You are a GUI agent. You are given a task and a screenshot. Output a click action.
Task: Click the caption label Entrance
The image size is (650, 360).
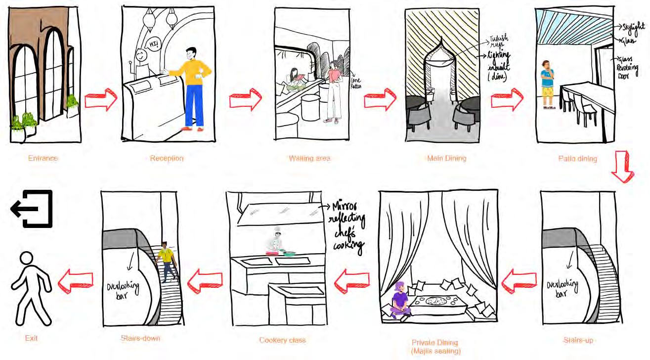coord(43,158)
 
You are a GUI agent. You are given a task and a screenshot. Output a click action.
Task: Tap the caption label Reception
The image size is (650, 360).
coord(167,158)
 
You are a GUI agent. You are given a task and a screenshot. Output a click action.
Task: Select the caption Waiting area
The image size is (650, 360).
coord(309,158)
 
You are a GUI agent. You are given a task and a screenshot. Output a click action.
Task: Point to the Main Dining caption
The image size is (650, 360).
coord(447,158)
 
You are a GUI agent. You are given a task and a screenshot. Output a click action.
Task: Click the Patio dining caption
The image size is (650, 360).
coord(577,158)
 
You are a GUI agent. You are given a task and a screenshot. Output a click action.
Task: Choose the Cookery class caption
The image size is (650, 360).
coord(282,340)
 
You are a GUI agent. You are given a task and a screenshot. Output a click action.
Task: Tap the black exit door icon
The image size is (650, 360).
coord(32,209)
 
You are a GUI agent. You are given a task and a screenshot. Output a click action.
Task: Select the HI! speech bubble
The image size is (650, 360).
coord(154,43)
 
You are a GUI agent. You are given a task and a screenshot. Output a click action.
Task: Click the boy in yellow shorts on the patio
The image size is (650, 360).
coord(547,84)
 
